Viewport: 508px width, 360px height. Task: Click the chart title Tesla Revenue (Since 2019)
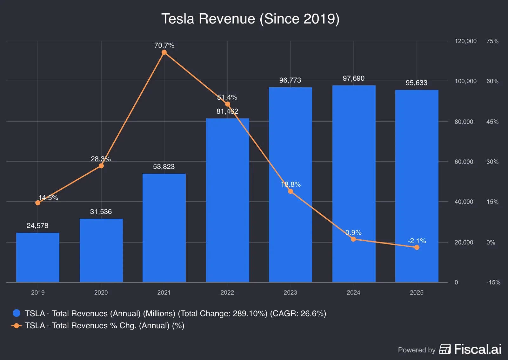click(x=250, y=19)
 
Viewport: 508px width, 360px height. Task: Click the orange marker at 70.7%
click(x=164, y=52)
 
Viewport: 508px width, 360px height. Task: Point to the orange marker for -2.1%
click(x=417, y=247)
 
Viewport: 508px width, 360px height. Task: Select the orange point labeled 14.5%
click(x=38, y=203)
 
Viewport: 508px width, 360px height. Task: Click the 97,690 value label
click(x=353, y=78)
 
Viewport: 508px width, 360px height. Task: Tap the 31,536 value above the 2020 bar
click(x=101, y=212)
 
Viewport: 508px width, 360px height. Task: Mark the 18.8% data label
click(x=291, y=184)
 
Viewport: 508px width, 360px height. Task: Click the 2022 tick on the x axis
click(x=227, y=292)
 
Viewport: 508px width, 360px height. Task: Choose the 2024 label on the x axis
click(x=353, y=292)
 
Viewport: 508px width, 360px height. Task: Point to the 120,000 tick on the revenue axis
click(x=465, y=41)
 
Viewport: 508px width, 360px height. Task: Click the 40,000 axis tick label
click(x=464, y=202)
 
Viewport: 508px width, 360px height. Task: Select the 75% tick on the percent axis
click(x=492, y=41)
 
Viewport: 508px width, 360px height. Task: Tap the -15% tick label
click(x=493, y=283)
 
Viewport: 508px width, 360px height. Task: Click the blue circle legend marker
click(x=17, y=313)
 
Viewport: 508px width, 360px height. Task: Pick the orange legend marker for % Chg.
click(x=17, y=326)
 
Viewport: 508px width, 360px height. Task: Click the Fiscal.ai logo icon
click(x=445, y=349)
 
